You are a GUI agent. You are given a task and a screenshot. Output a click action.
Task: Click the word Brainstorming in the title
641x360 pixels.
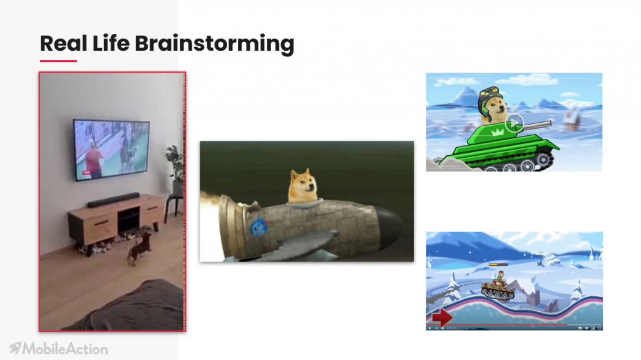point(214,44)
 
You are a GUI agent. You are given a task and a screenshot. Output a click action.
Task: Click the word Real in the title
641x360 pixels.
point(63,43)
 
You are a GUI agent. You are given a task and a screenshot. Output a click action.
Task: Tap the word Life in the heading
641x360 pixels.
point(111,43)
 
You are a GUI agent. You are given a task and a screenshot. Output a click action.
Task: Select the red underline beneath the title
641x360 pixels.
point(58,61)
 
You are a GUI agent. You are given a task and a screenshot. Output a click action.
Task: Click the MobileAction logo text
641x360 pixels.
point(65,349)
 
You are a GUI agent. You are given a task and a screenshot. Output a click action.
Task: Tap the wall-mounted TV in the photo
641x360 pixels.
point(111,150)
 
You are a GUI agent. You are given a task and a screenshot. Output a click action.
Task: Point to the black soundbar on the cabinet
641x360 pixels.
point(113,200)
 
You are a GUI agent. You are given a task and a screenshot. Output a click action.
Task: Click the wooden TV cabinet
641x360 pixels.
point(118,221)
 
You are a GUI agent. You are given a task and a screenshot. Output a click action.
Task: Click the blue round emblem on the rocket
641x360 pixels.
point(259,227)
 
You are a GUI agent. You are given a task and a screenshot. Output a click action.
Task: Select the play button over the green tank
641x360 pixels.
point(515,123)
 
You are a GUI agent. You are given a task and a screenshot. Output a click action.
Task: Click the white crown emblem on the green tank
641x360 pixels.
point(498,132)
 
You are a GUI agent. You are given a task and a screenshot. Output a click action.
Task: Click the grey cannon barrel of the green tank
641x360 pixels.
point(536,125)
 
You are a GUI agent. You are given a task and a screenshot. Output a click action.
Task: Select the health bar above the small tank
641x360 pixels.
point(498,265)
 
